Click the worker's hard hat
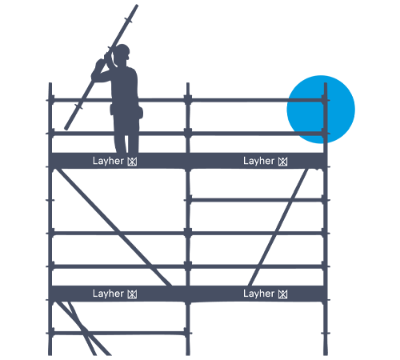click(122, 50)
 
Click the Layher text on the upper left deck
click(108, 161)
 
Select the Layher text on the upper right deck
click(258, 161)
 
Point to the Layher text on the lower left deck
click(108, 294)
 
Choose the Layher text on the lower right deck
click(258, 294)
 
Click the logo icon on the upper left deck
click(132, 162)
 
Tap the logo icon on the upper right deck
click(283, 162)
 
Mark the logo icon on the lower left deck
click(132, 294)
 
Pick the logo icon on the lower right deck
click(283, 294)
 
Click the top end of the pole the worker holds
click(137, 6)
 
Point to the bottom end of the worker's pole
click(66, 129)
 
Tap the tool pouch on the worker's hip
click(140, 112)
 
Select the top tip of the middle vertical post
click(188, 84)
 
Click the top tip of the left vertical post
click(50, 84)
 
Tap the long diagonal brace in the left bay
click(114, 227)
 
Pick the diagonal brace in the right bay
click(278, 227)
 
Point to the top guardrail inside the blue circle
click(306, 100)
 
